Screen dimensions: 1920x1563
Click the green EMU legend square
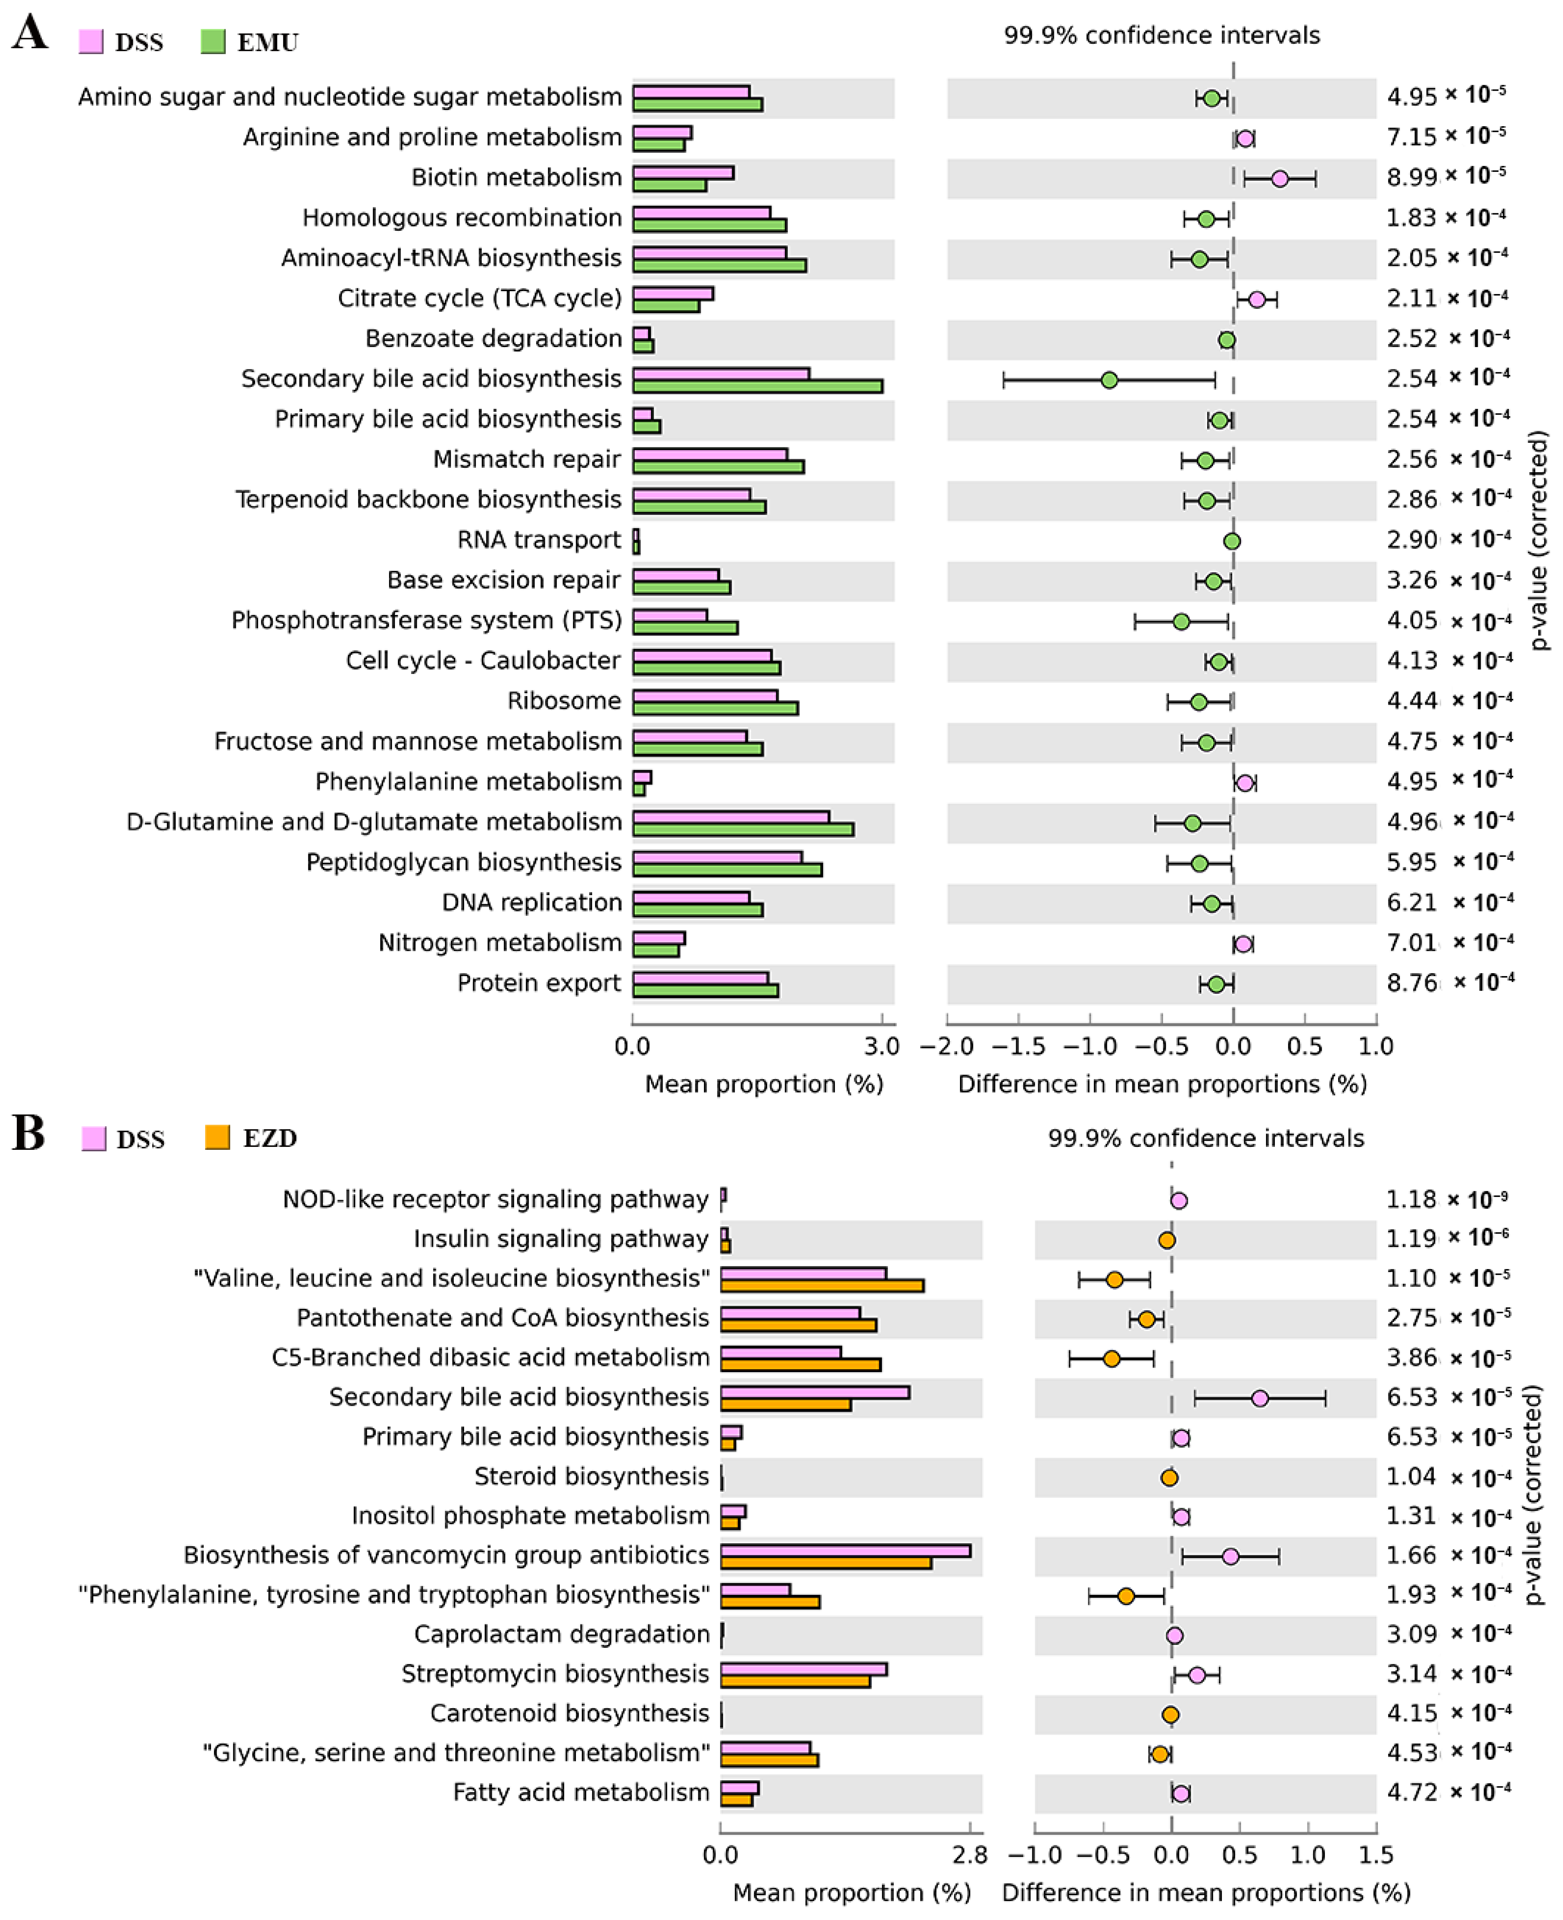pyautogui.click(x=212, y=41)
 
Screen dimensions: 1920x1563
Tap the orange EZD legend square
pyautogui.click(x=217, y=1137)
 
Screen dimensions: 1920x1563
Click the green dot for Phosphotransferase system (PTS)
pyautogui.click(x=1181, y=621)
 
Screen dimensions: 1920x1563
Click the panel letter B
pyautogui.click(x=29, y=1134)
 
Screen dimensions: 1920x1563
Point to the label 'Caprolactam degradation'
pyautogui.click(x=562, y=1634)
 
